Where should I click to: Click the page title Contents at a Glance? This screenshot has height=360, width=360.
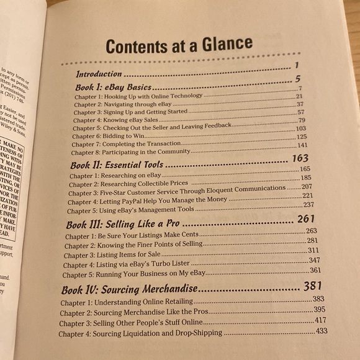[178, 45]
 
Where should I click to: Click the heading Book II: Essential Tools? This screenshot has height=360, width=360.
[117, 164]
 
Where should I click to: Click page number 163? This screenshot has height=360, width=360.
[300, 159]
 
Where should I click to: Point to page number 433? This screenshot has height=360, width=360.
[322, 331]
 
